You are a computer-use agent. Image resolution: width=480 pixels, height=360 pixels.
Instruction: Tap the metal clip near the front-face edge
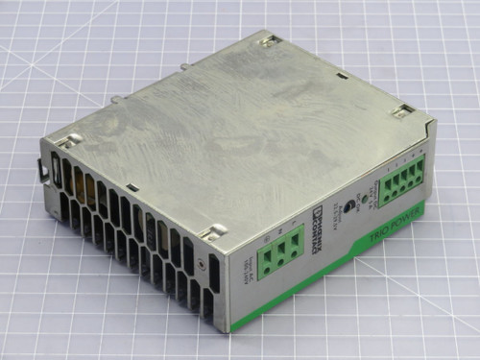point(215,230)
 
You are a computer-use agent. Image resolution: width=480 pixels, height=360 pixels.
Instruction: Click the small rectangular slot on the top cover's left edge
point(132,186)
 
